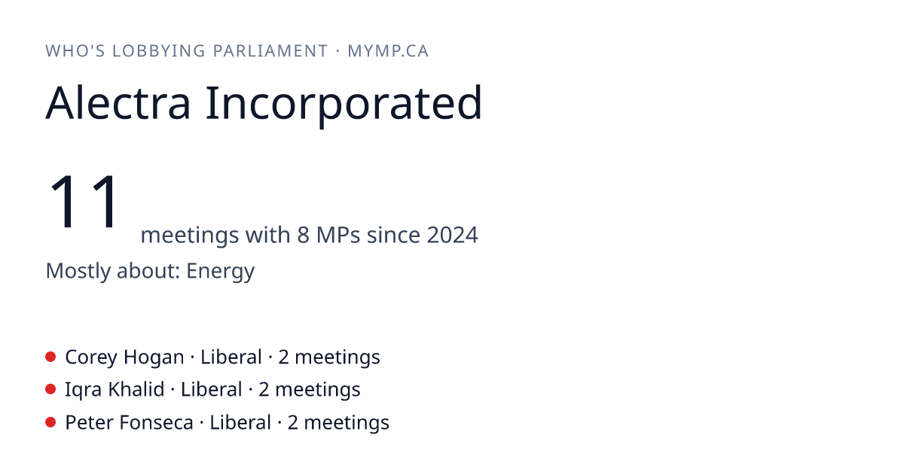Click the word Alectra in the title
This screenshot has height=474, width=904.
pyautogui.click(x=118, y=103)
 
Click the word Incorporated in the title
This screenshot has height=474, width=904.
pyautogui.click(x=344, y=105)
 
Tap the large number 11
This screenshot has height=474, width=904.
pyautogui.click(x=84, y=201)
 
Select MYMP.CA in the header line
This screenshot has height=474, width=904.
pyautogui.click(x=388, y=51)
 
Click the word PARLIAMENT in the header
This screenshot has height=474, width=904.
pyautogui.click(x=270, y=51)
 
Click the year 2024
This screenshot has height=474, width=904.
pyautogui.click(x=453, y=235)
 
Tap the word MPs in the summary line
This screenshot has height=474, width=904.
pyautogui.click(x=337, y=235)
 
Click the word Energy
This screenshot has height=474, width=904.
pyautogui.click(x=220, y=272)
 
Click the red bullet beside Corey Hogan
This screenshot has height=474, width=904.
pyautogui.click(x=50, y=357)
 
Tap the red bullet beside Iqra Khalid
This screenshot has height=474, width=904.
pyautogui.click(x=50, y=390)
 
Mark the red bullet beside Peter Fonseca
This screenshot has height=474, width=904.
pyautogui.click(x=50, y=422)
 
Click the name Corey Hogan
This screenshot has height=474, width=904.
pyautogui.click(x=124, y=357)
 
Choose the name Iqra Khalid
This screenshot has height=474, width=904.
pyautogui.click(x=115, y=390)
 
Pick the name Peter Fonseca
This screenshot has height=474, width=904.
pyautogui.click(x=129, y=422)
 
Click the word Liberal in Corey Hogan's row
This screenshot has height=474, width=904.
pyautogui.click(x=231, y=357)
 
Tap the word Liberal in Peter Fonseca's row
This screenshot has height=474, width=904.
pyautogui.click(x=240, y=422)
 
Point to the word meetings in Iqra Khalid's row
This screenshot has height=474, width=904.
pyautogui.click(x=318, y=390)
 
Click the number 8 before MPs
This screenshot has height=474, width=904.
pyautogui.click(x=303, y=235)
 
